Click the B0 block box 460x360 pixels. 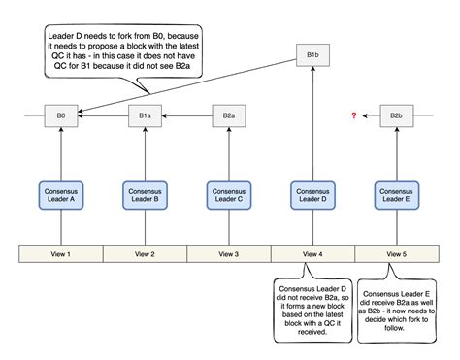pos(61,115)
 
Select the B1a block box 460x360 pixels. pos(145,115)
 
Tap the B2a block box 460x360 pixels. pos(228,115)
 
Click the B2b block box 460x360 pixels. pos(396,115)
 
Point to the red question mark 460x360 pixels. pos(354,115)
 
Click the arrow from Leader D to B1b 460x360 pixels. pos(312,126)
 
